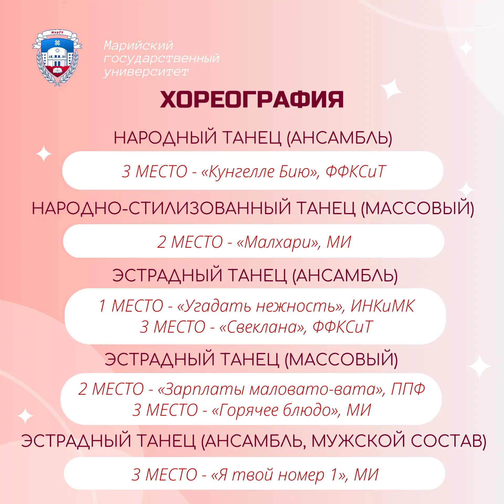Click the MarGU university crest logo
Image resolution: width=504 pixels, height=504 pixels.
point(57,58)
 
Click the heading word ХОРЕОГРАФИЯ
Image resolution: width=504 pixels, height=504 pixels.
point(252,100)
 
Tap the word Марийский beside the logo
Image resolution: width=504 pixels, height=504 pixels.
point(138,45)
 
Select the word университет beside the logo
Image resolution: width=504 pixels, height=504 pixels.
point(146,72)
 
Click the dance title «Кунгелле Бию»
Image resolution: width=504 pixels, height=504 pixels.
point(260,172)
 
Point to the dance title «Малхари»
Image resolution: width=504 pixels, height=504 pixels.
point(279,242)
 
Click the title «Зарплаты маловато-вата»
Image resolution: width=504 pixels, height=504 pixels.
point(271,389)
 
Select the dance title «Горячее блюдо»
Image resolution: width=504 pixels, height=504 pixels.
point(276,410)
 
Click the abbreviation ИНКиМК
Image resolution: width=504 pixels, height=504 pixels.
point(383,306)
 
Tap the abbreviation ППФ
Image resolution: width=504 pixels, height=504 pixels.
point(408,389)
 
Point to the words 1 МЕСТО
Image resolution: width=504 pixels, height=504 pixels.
point(131,306)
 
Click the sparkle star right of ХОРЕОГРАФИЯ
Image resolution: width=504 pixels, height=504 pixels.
point(391,89)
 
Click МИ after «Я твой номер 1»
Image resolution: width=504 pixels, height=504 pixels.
point(366,475)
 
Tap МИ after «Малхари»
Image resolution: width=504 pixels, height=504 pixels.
point(339,242)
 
